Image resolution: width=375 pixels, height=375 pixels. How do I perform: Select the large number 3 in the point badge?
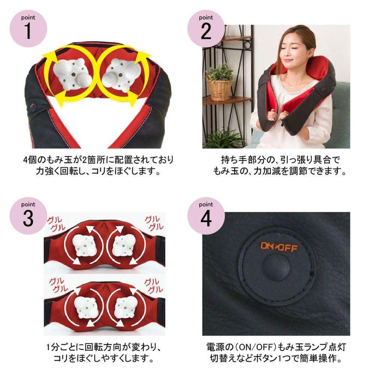[x=28, y=218]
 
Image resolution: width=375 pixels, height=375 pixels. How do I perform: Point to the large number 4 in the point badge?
[x=206, y=218]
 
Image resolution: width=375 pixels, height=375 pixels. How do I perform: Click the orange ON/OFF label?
[x=279, y=247]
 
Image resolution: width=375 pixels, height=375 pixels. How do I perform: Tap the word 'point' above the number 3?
[x=28, y=204]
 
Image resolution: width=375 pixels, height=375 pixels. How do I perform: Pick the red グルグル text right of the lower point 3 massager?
[x=153, y=286]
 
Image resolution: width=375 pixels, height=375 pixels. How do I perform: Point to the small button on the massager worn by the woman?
[x=322, y=90]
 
